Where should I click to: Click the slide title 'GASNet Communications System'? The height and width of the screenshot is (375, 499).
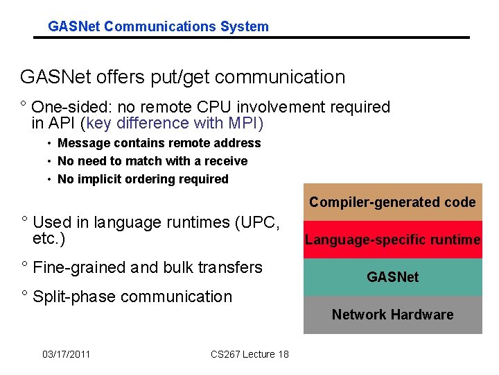coord(158,27)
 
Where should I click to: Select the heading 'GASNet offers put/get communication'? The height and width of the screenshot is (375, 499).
coord(182,77)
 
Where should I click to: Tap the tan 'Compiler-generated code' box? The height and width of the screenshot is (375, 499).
coord(392,202)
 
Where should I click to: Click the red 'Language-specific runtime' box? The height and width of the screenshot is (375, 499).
coord(392,240)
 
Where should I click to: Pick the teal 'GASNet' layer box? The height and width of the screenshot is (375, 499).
coord(392,277)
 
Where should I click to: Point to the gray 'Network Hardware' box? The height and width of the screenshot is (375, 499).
coord(392,315)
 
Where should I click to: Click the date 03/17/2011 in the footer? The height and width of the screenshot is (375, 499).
coord(66,355)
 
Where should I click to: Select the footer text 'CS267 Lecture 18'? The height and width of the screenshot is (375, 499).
coord(249,355)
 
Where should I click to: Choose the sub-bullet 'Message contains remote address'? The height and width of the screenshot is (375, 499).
coord(159,143)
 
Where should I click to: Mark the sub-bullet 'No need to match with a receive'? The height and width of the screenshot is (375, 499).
coord(152,161)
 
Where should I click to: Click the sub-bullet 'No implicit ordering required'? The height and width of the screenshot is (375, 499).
coord(143,179)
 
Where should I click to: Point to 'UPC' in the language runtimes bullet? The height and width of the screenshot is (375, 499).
coord(259,223)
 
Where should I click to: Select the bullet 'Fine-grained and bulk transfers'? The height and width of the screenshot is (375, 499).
coord(147,267)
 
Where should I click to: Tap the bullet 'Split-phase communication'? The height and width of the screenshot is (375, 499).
coord(132,297)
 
